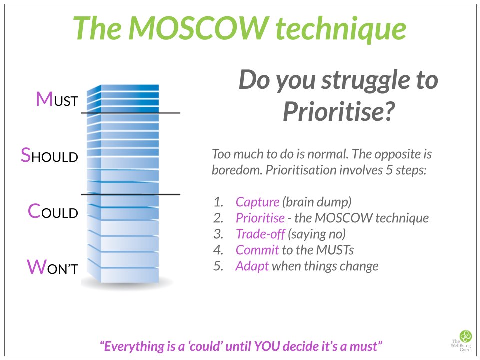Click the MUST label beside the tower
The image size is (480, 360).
(x=57, y=100)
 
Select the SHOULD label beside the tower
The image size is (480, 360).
(x=49, y=155)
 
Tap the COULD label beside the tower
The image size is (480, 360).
(x=53, y=212)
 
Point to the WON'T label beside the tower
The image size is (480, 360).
(x=52, y=267)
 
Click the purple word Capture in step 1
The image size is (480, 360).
(x=257, y=202)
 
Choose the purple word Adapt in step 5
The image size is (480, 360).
(x=252, y=266)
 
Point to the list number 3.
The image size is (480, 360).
(x=217, y=234)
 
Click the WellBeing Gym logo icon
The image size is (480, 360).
(x=465, y=336)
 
